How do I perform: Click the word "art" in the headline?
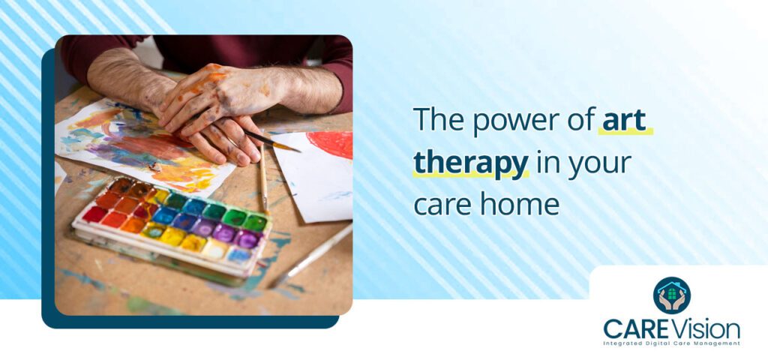pyautogui.click(x=625, y=121)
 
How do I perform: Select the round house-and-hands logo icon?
pyautogui.click(x=671, y=295)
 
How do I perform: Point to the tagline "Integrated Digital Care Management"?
pyautogui.click(x=671, y=343)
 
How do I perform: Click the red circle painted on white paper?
pyautogui.click(x=331, y=144)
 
